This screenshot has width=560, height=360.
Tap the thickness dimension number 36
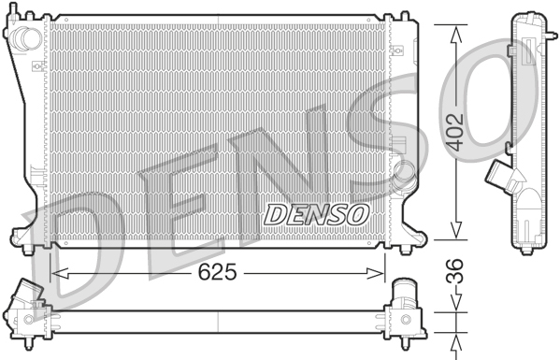pos(455,280)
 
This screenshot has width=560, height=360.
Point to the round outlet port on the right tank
pos(405,173)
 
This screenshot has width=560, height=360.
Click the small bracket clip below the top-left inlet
pos(36,66)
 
